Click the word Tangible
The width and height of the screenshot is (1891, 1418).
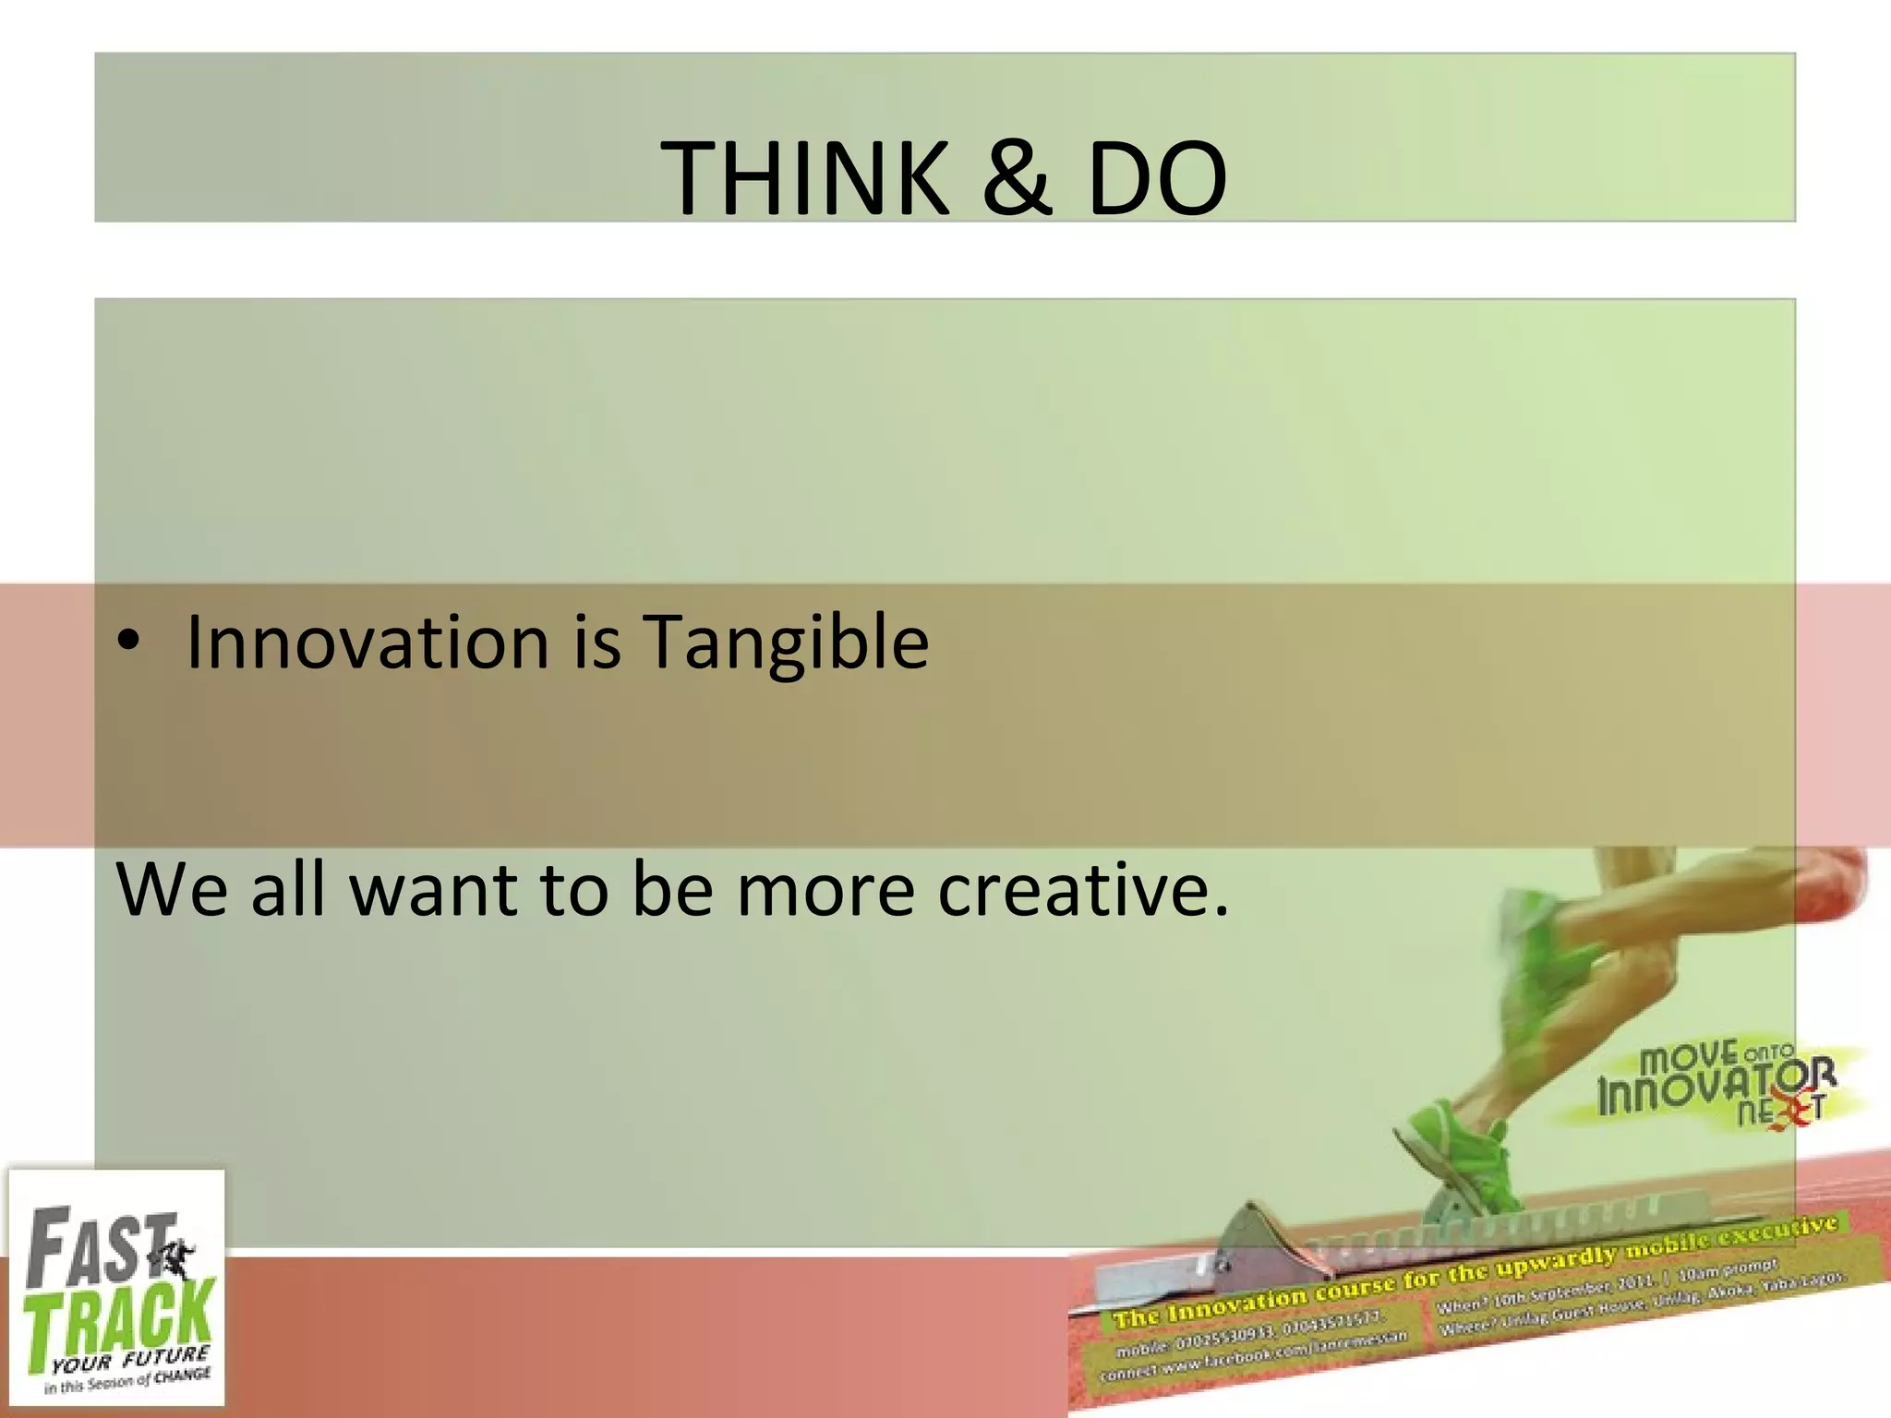click(x=786, y=643)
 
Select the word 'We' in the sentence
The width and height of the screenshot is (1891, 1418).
click(x=172, y=888)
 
